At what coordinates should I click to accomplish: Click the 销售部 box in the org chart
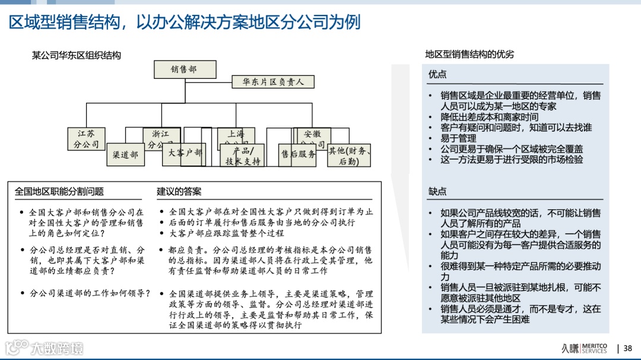184,69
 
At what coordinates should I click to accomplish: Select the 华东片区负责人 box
273,82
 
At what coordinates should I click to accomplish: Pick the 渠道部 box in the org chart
125,155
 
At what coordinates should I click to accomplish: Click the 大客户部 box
185,153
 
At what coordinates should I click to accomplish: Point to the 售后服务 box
298,154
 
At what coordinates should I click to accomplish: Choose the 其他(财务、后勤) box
350,155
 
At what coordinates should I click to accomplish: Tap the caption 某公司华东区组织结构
76,55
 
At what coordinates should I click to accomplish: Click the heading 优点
437,74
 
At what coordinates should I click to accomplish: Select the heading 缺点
437,192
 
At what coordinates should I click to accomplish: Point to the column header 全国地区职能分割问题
59,192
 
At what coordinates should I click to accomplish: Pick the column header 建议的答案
179,192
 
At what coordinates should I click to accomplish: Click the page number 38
627,348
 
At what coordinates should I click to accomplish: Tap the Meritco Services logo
585,348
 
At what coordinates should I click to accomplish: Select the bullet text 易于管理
458,138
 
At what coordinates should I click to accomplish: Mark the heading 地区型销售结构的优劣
469,55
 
